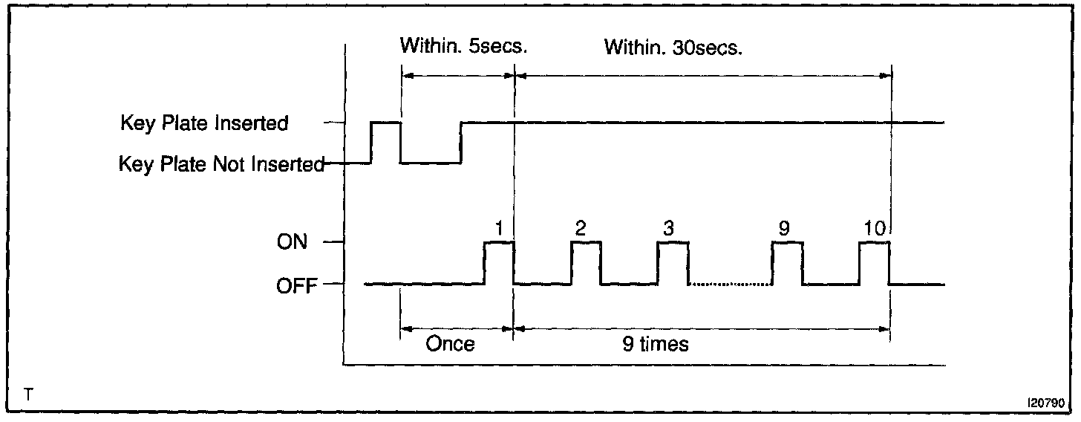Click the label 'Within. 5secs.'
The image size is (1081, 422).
[463, 48]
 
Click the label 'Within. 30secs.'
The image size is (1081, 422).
[673, 48]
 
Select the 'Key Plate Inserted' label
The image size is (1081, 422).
[204, 123]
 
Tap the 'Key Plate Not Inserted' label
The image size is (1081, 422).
[222, 163]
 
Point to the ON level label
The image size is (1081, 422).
[292, 242]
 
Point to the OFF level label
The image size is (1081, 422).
[295, 284]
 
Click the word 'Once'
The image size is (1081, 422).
[450, 345]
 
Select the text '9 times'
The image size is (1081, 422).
[656, 345]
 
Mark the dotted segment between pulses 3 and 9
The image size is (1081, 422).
[730, 284]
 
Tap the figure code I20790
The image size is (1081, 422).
[1047, 402]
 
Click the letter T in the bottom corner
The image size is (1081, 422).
[27, 395]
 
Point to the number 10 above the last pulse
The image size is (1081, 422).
[875, 228]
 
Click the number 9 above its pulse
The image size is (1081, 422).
[785, 228]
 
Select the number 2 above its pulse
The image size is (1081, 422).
[581, 228]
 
